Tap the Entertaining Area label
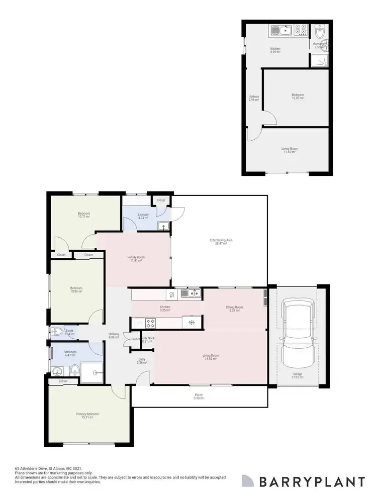pos(221,241)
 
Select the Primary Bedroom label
pos(87,415)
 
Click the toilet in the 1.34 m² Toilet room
pos(57,332)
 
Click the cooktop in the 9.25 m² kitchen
pos(151,322)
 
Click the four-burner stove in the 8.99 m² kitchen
pos(301,30)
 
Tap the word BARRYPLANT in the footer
pos(312,481)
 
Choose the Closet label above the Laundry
pos(161,200)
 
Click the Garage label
pos(298,375)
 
